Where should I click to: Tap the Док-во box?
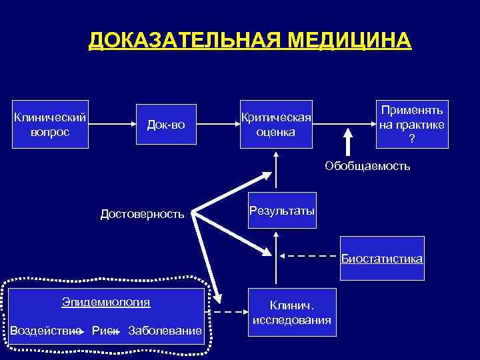[x=167, y=125]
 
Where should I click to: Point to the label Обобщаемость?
[x=367, y=165]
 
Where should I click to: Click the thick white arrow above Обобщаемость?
[x=347, y=142]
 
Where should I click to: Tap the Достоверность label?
[x=141, y=214]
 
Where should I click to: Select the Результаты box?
[x=282, y=211]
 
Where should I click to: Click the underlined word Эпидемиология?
[x=106, y=302]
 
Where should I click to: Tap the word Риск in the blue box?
[x=105, y=331]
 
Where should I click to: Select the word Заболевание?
[x=165, y=331]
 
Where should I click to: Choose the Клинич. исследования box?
[x=291, y=312]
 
